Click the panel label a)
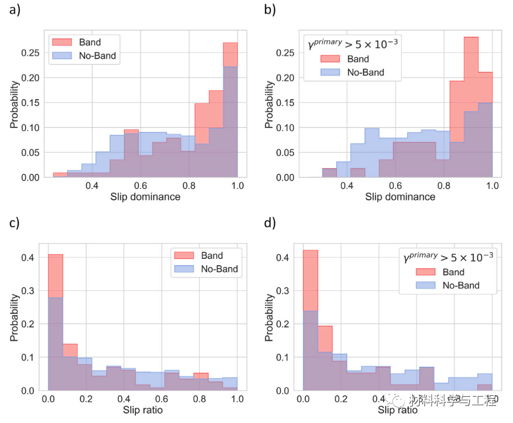tap(14, 10)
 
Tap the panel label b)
tap(270, 10)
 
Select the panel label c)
tap(14, 223)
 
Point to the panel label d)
tap(270, 223)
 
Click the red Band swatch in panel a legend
tap(61, 42)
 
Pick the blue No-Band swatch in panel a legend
tap(61, 56)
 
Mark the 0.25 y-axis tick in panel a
tap(35, 52)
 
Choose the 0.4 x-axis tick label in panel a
tap(92, 186)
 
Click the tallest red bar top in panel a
tap(230, 43)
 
